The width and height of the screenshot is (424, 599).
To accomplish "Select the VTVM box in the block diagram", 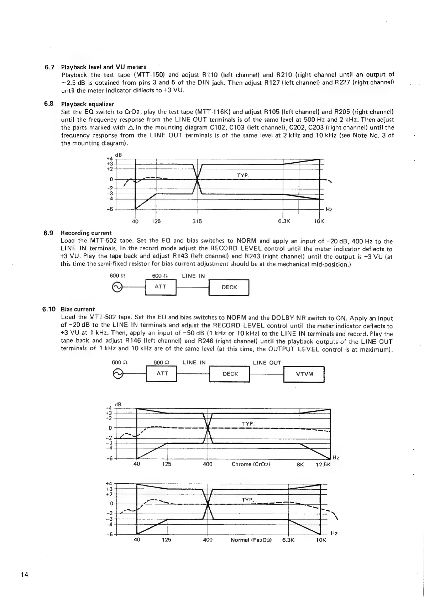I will pyautogui.click(x=304, y=374).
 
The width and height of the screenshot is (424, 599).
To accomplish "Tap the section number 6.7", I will pyautogui.click(x=49, y=67).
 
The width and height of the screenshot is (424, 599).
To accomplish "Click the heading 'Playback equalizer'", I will pyautogui.click(x=88, y=104).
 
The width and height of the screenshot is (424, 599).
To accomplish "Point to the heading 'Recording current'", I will pyautogui.click(x=86, y=233).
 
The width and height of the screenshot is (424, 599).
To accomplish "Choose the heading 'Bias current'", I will pyautogui.click(x=78, y=309).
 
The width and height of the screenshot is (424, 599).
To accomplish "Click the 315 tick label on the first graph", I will pyautogui.click(x=197, y=221).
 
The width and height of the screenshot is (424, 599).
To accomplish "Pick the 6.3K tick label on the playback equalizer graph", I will pyautogui.click(x=284, y=221).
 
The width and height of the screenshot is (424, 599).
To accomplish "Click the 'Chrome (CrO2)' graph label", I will pyautogui.click(x=251, y=464).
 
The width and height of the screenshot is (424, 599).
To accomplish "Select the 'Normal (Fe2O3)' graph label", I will pyautogui.click(x=251, y=540).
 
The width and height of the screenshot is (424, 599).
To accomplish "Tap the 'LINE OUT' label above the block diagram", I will pyautogui.click(x=267, y=363).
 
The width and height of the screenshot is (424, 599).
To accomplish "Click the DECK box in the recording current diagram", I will pyautogui.click(x=229, y=288).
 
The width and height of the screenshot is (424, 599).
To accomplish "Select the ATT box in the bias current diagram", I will pyautogui.click(x=162, y=374).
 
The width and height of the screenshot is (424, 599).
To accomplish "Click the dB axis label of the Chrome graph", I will pyautogui.click(x=118, y=404).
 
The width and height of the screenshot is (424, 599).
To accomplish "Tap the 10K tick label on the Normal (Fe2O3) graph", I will pyautogui.click(x=321, y=540).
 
